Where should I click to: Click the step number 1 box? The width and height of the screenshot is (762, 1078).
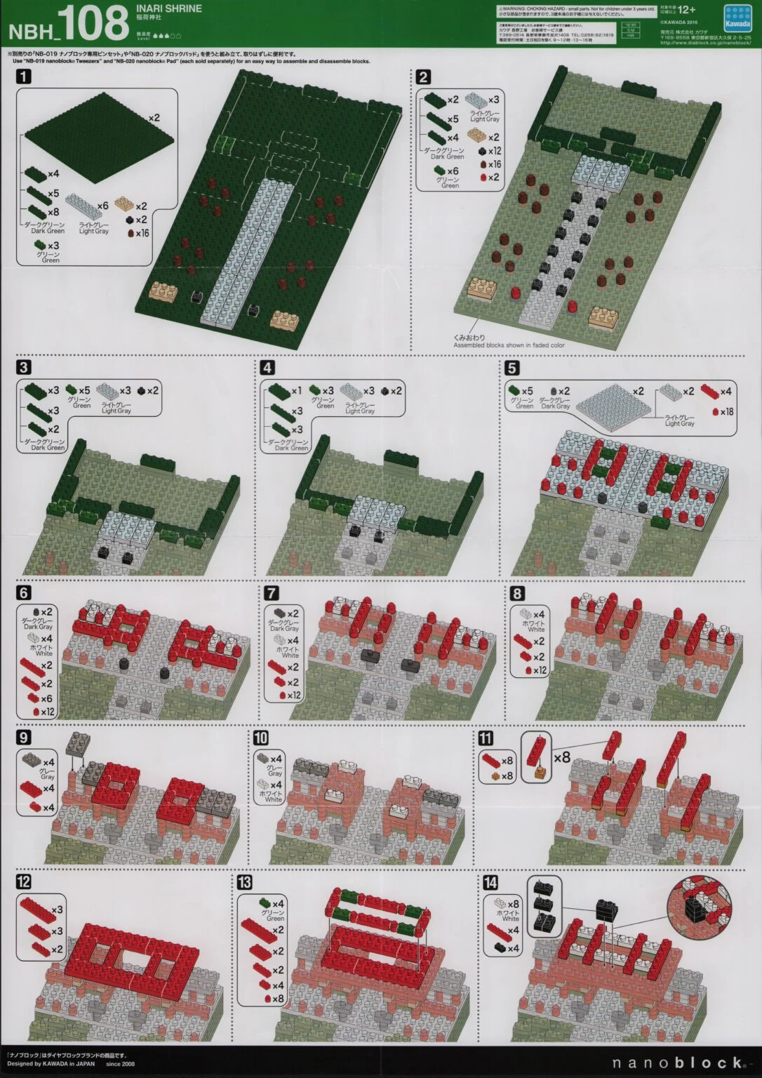coord(23,77)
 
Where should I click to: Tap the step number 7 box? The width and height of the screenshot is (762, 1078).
coord(272,594)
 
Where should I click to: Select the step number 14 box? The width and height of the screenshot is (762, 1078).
coord(490,882)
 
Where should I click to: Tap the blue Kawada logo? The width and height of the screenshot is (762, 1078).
coord(737,18)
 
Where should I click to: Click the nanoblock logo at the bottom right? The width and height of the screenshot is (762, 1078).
coord(678,1063)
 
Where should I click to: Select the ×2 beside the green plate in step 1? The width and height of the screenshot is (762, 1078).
coord(154,118)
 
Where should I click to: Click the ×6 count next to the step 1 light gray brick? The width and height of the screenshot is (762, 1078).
coord(102,206)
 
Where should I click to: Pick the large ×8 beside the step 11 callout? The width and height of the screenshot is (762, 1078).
coord(562,757)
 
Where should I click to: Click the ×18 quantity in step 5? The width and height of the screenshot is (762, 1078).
coord(727,412)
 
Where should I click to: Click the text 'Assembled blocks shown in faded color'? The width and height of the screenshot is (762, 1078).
coord(509,345)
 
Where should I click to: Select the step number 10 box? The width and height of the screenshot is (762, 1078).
coord(260,738)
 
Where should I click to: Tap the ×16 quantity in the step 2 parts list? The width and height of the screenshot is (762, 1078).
coord(495,164)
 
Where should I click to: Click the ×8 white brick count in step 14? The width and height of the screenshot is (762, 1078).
coord(513,904)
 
